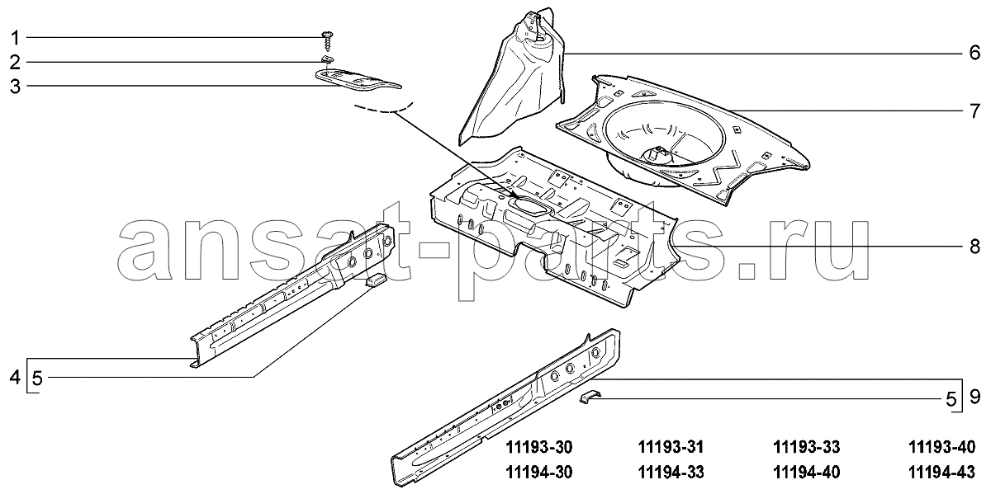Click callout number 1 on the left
coord(15,38)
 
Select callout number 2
coord(15,63)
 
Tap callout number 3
coord(15,86)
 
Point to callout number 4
coord(15,378)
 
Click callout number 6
coord(974,53)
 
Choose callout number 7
coord(974,111)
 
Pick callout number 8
coord(974,246)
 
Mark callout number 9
coord(974,397)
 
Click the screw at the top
coord(327,40)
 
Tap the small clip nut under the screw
coord(327,59)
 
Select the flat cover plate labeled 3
coord(358,81)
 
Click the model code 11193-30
coord(538,447)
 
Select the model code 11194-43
coord(942,473)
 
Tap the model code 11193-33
coord(807,447)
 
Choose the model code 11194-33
coord(671,473)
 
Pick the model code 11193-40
coord(942,447)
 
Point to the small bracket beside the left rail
coord(376,280)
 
